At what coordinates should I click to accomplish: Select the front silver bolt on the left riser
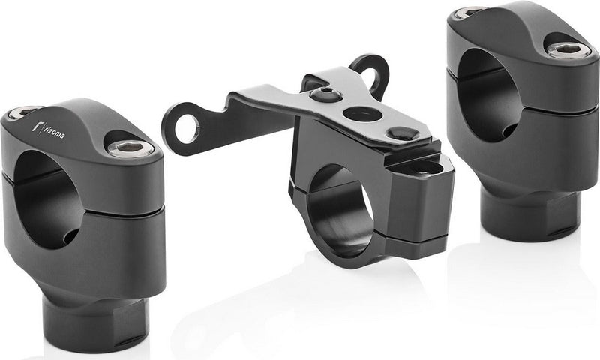pyautogui.click(x=130, y=148)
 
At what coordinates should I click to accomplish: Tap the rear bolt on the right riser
pyautogui.click(x=469, y=12)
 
